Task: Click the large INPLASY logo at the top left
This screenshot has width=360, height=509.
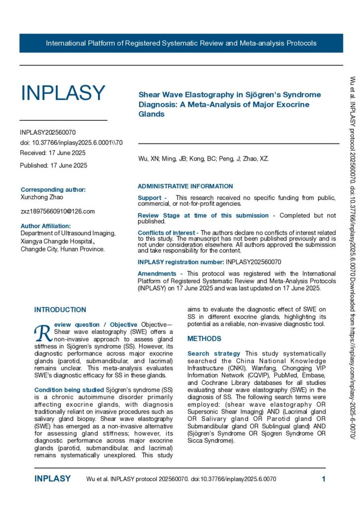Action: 63,93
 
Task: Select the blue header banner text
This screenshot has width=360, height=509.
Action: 181,43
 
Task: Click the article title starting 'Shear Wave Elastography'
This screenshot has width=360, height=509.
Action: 229,104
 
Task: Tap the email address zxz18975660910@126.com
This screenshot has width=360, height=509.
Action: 57,211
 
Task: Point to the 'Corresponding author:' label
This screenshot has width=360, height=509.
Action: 53,189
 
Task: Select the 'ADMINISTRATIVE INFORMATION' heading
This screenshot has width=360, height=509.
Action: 185,186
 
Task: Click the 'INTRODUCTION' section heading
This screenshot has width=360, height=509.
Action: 60,310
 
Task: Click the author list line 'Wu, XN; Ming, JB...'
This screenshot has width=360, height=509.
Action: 204,159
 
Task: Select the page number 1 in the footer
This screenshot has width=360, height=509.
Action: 323,479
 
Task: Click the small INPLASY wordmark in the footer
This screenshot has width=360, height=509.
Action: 52,479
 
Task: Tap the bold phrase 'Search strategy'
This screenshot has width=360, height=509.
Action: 213,353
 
